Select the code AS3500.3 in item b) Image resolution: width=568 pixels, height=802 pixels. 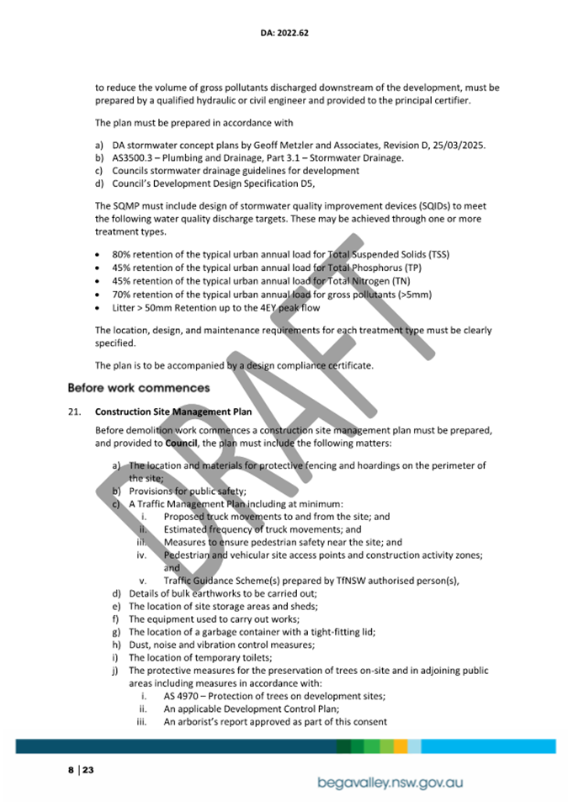point(132,157)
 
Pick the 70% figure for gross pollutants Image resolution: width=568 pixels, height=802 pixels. point(121,295)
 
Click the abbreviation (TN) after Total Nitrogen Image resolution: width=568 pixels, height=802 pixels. point(417,281)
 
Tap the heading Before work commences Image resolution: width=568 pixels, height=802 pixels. point(138,388)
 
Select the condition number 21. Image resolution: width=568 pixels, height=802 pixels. point(74,412)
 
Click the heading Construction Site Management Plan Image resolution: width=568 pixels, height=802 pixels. point(174,412)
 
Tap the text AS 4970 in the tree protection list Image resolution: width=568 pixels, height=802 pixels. point(183,696)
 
